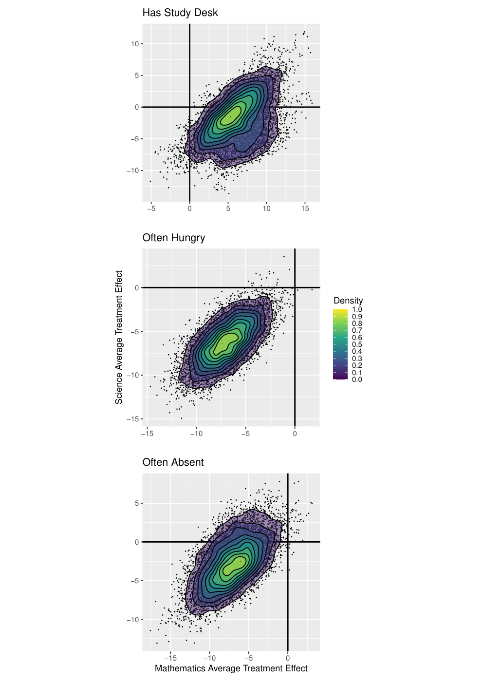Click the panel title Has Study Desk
pyautogui.click(x=180, y=13)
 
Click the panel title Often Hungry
pyautogui.click(x=174, y=238)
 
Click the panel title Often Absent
pyautogui.click(x=173, y=462)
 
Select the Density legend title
pyautogui.click(x=348, y=301)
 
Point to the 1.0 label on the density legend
pyautogui.click(x=357, y=309)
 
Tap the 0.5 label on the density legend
pyautogui.click(x=357, y=344)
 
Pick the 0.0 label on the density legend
pyautogui.click(x=357, y=379)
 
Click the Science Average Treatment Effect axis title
pyautogui.click(x=118, y=337)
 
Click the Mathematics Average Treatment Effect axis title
pyautogui.click(x=231, y=668)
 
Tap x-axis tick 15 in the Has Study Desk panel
pyautogui.click(x=305, y=209)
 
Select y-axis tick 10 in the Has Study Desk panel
pyautogui.click(x=135, y=44)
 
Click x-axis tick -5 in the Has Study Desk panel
pyautogui.click(x=151, y=209)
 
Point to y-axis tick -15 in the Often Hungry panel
pyautogui.click(x=133, y=419)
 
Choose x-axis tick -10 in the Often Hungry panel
pyautogui.click(x=196, y=434)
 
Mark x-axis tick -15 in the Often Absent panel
pyautogui.click(x=170, y=658)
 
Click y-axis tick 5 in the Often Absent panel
pyautogui.click(x=137, y=503)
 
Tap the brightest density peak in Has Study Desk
pyautogui.click(x=231, y=116)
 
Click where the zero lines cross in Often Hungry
pyautogui.click(x=295, y=287)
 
